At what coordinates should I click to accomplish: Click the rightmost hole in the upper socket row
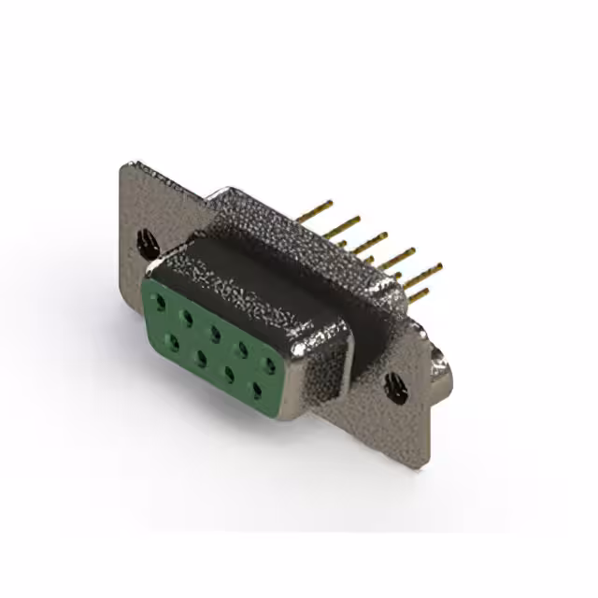[x=269, y=363]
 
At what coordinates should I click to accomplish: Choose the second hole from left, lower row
[x=201, y=355]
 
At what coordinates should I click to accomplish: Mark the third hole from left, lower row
[x=228, y=371]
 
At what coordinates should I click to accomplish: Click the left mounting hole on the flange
[x=148, y=245]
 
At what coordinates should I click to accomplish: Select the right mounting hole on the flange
[x=394, y=382]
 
